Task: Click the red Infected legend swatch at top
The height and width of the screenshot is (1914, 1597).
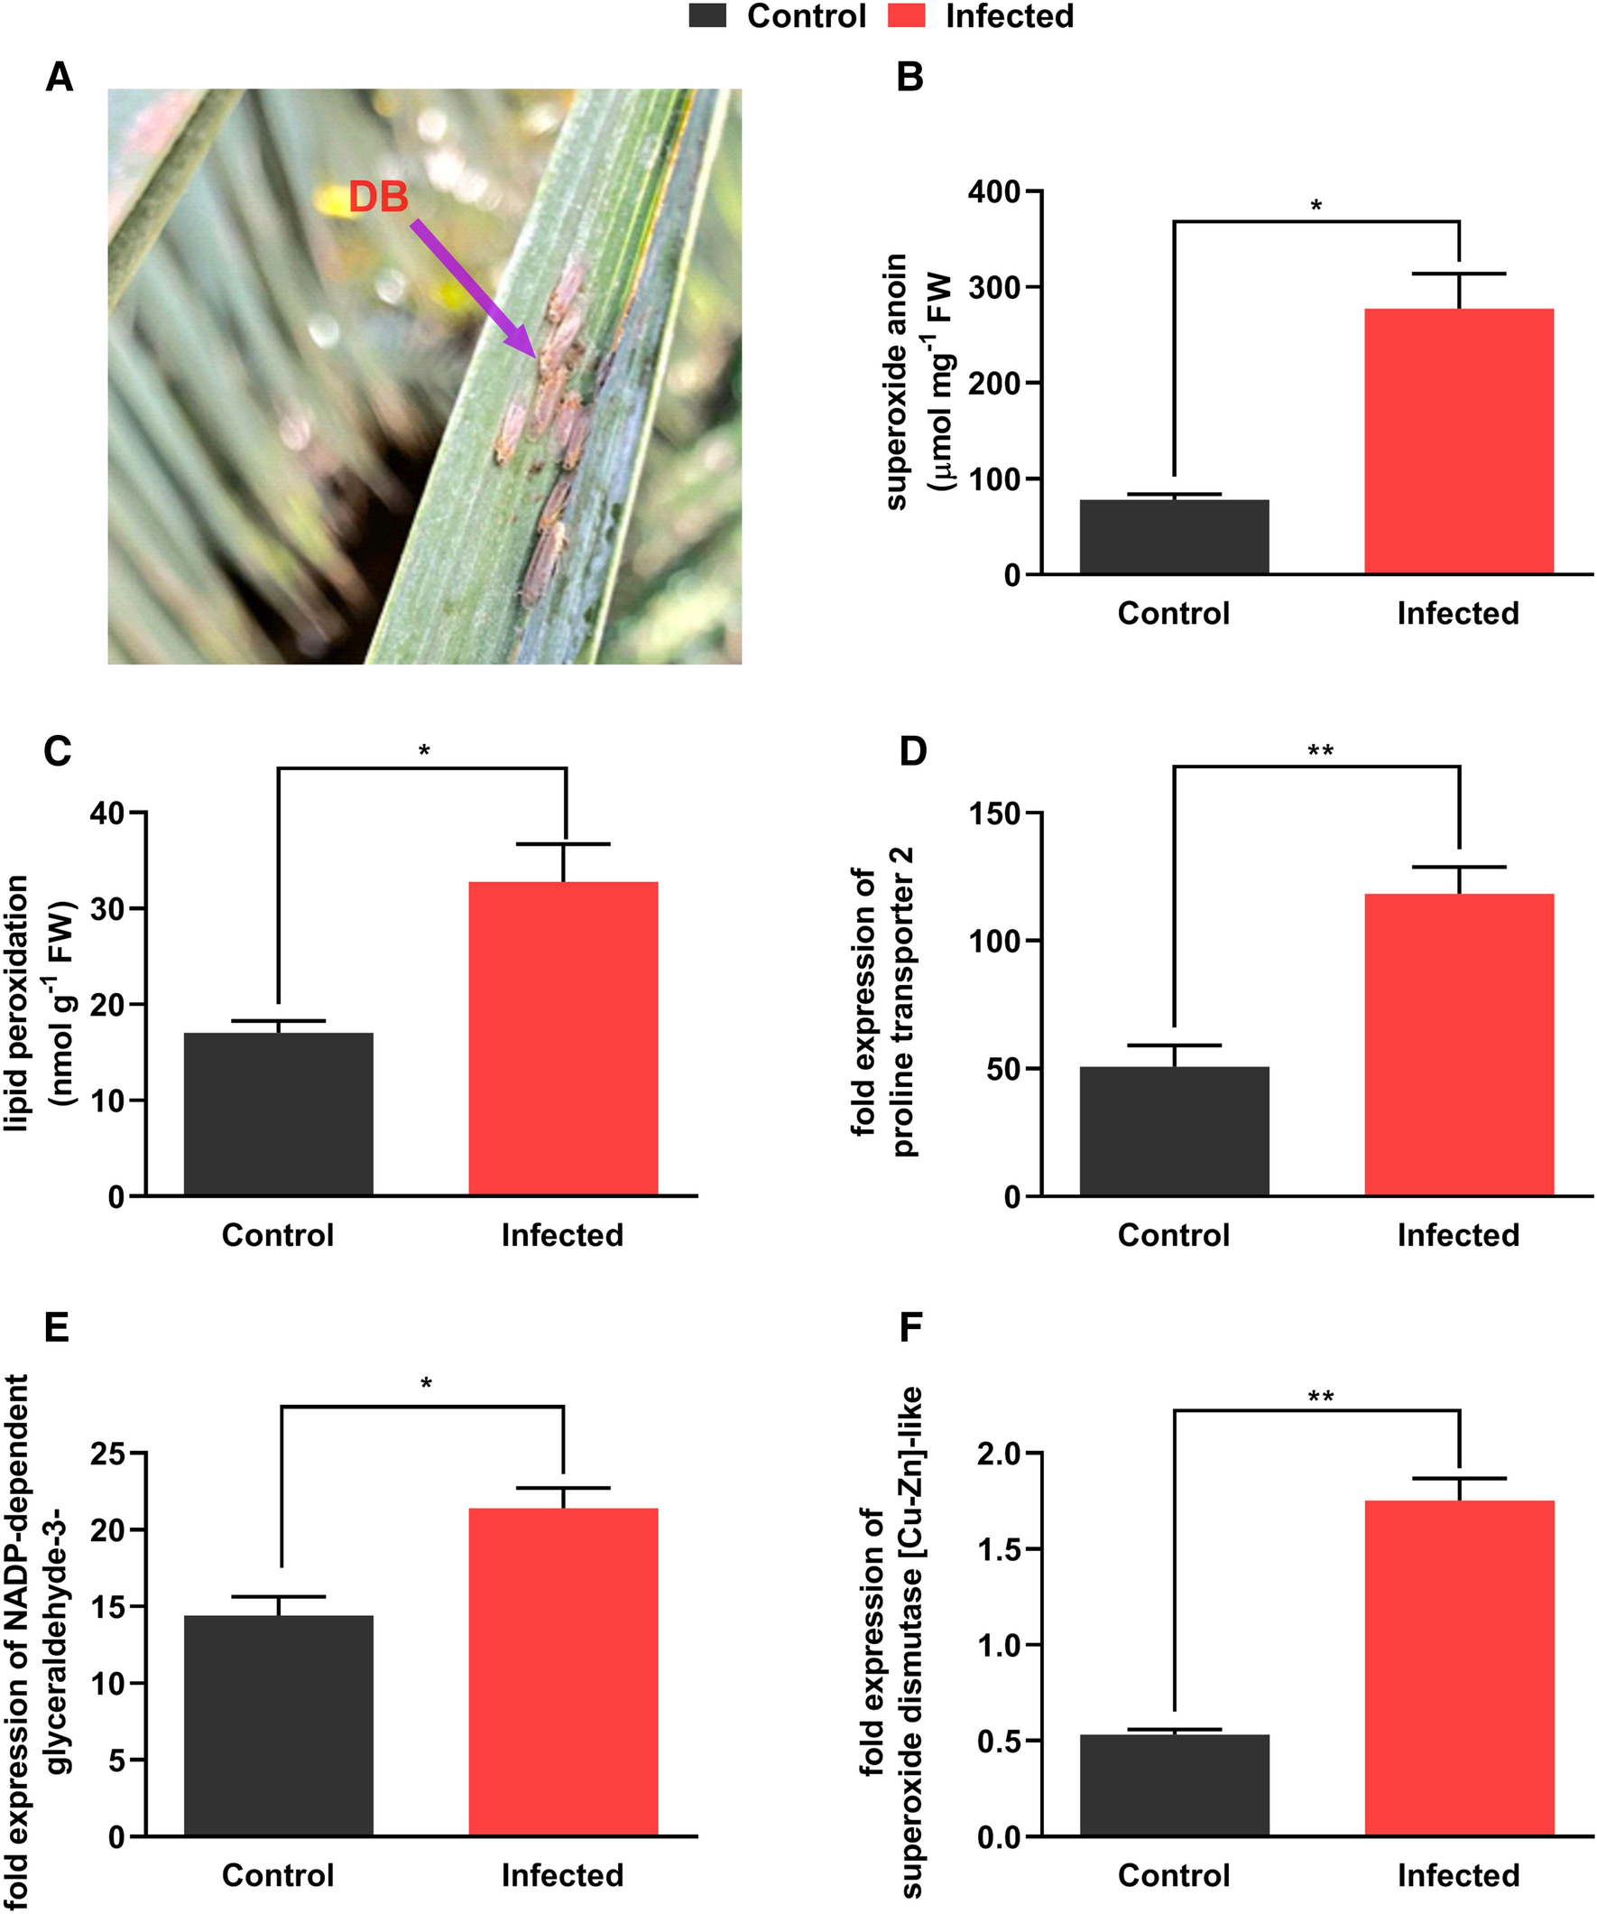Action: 906,16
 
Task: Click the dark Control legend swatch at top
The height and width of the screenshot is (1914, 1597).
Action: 708,16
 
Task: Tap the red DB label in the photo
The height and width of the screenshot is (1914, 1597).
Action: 378,198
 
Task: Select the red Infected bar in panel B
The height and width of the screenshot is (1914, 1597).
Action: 1459,442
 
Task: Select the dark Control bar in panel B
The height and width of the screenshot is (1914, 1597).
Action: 1175,537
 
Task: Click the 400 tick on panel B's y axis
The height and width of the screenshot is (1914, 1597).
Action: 993,192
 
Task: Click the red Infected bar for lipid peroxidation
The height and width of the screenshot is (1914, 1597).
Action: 563,1038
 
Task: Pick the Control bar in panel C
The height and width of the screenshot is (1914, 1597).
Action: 279,1114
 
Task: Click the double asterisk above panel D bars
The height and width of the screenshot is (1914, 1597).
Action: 1320,753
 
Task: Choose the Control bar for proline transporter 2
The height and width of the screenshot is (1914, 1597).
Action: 1175,1131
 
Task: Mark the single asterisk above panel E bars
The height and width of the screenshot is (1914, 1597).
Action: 426,1385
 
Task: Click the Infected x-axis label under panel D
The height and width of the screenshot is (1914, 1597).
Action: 1459,1235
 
